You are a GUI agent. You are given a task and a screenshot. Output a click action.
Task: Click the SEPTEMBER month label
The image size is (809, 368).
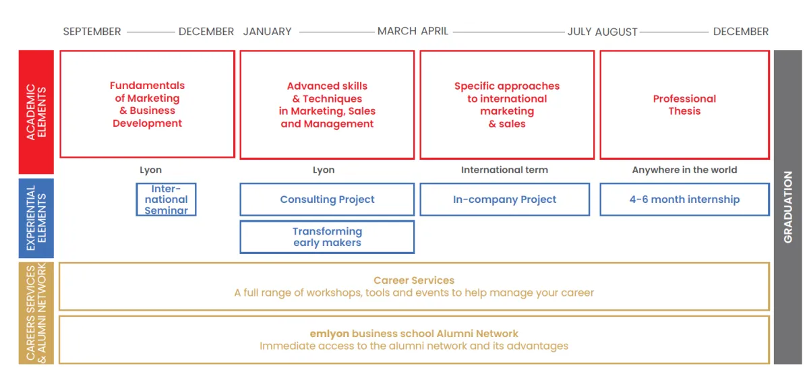coord(92,32)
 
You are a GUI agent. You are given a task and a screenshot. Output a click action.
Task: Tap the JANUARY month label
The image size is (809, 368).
coord(268,32)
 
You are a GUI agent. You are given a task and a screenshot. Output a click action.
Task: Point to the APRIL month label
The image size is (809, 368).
coord(435,32)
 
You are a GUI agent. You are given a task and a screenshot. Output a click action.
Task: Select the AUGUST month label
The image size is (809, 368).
coord(616,32)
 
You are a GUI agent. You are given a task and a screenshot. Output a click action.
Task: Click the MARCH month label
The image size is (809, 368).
coord(397,32)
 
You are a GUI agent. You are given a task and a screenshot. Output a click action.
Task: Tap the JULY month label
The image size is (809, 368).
coord(579,32)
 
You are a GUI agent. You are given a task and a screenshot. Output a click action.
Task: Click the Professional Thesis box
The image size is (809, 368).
coord(684,104)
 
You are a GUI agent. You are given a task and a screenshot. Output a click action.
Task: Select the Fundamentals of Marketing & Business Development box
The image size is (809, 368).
coord(147,104)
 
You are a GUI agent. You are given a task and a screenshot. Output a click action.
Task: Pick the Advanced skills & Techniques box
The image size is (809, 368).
coord(327,104)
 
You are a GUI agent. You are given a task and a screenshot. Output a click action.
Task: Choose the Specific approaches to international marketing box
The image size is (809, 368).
coord(507,104)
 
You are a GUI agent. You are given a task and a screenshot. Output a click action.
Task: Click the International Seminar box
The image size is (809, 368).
coord(166,200)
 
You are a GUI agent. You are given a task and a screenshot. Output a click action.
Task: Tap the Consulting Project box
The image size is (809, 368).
coord(327,200)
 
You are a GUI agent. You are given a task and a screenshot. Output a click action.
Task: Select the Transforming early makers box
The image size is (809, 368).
coord(327,237)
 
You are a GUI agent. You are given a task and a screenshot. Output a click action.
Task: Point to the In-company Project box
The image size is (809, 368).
coord(504,200)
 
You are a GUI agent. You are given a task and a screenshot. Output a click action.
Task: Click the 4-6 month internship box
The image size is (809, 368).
coord(684,200)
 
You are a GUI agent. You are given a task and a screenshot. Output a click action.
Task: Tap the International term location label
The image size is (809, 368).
coord(504,170)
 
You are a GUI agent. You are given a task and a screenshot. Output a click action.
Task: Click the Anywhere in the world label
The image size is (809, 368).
coord(684,170)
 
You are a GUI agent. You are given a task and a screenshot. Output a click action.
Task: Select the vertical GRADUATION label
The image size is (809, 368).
coord(787,207)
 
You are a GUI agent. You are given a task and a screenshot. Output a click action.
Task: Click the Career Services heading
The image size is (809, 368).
coord(414,280)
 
